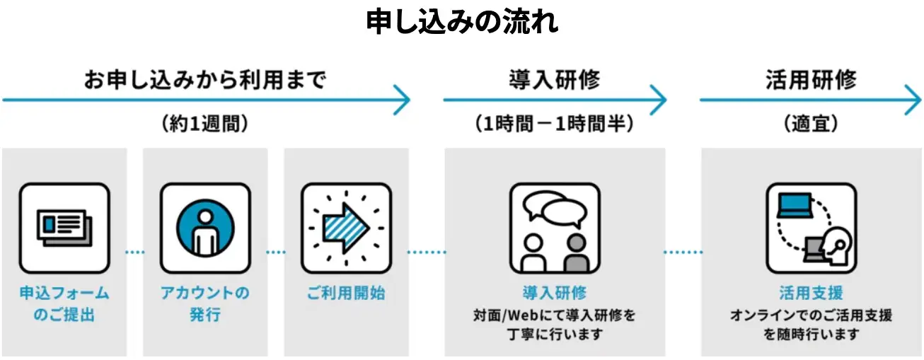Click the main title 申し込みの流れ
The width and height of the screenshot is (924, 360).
pos(462,23)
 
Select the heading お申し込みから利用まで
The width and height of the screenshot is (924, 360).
pos(205,79)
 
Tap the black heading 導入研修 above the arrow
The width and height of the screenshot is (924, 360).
pos(554,79)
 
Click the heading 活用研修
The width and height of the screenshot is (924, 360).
pos(810,79)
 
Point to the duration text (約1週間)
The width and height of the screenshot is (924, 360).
pos(205,124)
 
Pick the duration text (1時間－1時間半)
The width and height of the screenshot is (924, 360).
pos(554,124)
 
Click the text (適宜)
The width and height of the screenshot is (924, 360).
pos(811,124)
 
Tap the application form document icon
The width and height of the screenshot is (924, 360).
pos(64,228)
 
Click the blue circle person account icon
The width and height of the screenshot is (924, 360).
pos(205,228)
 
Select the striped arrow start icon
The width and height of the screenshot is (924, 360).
pos(346,228)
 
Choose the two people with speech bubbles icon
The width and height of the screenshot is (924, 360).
pos(555,228)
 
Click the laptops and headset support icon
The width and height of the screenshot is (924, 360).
pos(811,228)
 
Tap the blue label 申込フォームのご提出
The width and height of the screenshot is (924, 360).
pos(64,303)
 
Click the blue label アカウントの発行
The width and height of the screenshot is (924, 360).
pos(205,303)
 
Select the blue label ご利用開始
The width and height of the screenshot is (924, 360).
pos(346,293)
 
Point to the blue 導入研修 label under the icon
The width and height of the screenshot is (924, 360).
pos(555,293)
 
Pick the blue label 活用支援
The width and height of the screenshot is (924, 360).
pos(811,293)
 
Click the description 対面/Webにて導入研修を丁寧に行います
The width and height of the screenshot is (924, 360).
pos(555,325)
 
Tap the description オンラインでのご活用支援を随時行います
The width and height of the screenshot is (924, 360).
pos(811,325)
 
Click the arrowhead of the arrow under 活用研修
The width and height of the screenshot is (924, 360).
pos(913,100)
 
